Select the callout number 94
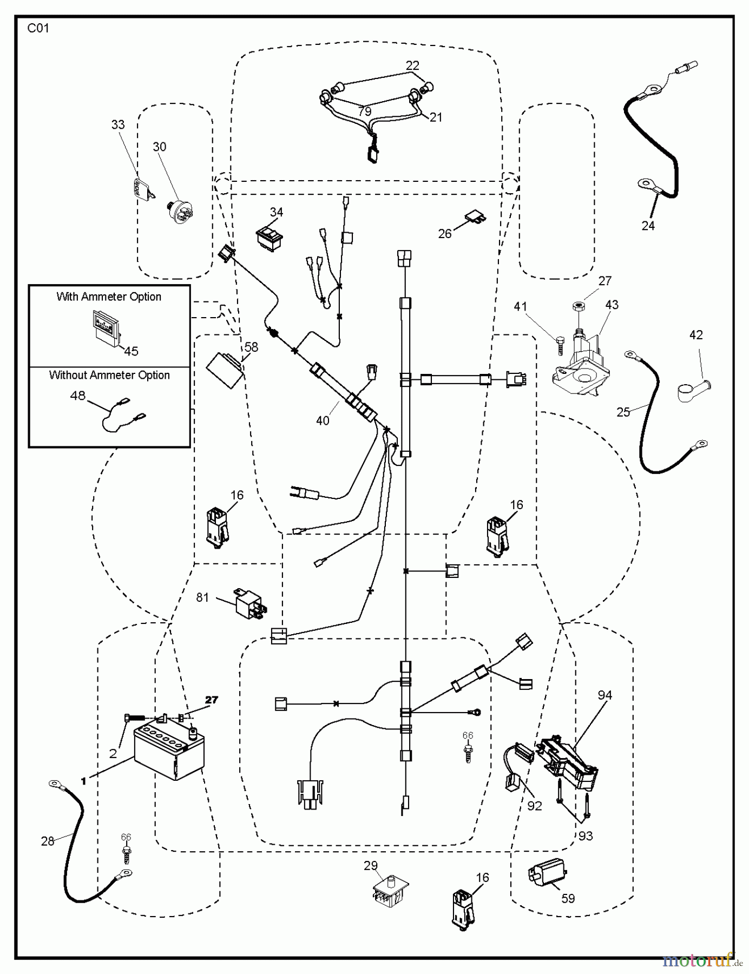pos(605,695)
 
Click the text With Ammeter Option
pos(109,297)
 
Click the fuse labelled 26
pos(475,218)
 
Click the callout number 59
pos(568,898)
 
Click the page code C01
pos(38,28)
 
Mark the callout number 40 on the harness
pos(323,420)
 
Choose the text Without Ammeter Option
pos(109,376)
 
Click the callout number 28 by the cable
pos(48,841)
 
